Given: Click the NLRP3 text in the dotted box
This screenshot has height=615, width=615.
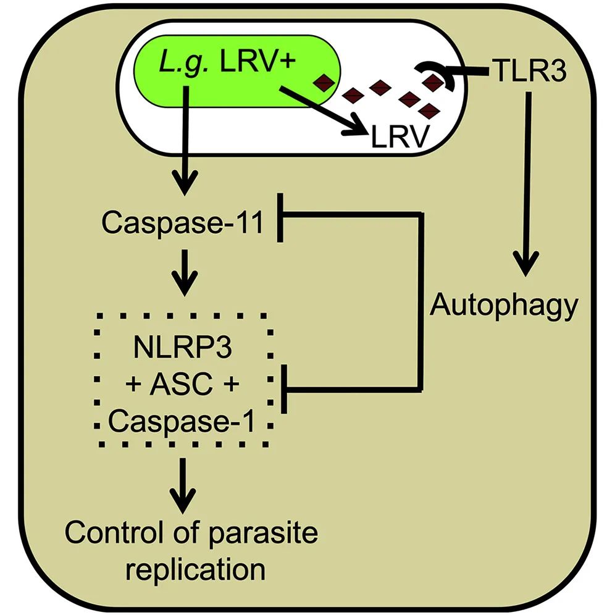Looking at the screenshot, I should pyautogui.click(x=183, y=347).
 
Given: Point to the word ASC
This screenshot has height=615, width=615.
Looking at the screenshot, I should pyautogui.click(x=182, y=385).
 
